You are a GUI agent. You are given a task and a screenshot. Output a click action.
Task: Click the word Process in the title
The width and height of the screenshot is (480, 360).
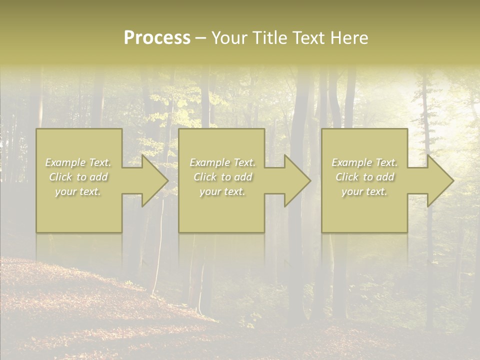157,38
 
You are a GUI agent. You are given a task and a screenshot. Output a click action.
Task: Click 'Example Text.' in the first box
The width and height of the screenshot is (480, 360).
78,162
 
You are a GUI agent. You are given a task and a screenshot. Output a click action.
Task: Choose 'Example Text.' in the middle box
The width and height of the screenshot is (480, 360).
222,162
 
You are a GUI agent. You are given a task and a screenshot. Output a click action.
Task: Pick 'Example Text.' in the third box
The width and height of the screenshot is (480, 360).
364,162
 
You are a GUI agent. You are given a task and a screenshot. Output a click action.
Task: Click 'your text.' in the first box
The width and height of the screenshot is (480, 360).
78,191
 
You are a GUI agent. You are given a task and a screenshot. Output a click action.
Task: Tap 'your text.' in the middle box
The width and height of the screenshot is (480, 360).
222,191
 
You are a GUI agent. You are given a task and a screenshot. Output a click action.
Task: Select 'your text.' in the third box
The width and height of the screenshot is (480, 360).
364,191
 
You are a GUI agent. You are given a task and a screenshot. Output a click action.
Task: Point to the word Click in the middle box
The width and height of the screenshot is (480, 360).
205,177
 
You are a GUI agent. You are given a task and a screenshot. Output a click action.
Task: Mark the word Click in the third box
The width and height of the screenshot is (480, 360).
347,177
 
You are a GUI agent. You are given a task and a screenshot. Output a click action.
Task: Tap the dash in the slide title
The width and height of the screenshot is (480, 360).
201,38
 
